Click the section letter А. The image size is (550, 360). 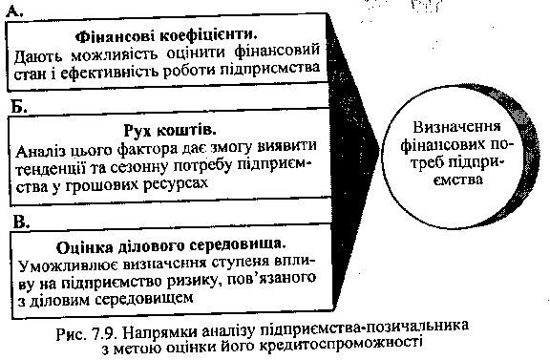[14, 12]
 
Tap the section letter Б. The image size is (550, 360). [19, 106]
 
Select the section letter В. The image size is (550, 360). [21, 222]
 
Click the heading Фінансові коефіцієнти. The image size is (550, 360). [166, 35]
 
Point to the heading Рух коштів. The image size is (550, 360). [170, 131]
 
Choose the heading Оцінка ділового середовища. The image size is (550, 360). [171, 246]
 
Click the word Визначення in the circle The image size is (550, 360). [456, 127]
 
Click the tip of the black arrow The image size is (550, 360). [380, 149]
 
